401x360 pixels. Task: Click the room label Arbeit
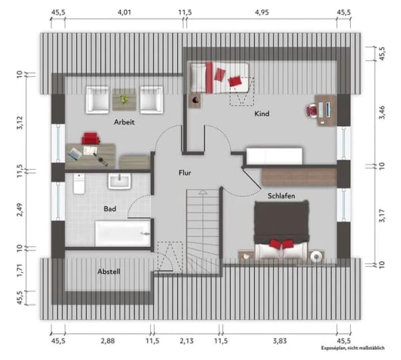[x=124, y=122]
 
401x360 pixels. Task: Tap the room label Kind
[x=262, y=114]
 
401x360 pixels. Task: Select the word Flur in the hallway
[x=185, y=173]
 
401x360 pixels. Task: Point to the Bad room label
[x=110, y=209]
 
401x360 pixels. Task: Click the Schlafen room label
[x=281, y=196]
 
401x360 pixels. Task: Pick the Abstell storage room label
[x=109, y=272]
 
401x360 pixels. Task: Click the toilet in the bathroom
[x=79, y=184]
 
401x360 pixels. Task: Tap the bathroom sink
[x=119, y=181]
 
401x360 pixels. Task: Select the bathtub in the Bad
[x=123, y=233]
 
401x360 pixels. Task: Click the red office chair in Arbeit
[x=90, y=138]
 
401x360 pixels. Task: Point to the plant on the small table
[x=124, y=100]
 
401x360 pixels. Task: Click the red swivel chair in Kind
[x=311, y=111]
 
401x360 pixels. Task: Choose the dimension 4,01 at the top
[x=124, y=12]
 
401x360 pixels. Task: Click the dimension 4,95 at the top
[x=262, y=12]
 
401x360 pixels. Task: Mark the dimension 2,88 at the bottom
[x=108, y=341]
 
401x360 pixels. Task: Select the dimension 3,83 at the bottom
[x=280, y=341]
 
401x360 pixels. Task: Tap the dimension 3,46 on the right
[x=382, y=112]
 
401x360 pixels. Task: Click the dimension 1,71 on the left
[x=19, y=271]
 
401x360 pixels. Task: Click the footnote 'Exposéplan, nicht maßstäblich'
[x=353, y=348]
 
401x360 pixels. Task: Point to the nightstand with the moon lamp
[x=195, y=100]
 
